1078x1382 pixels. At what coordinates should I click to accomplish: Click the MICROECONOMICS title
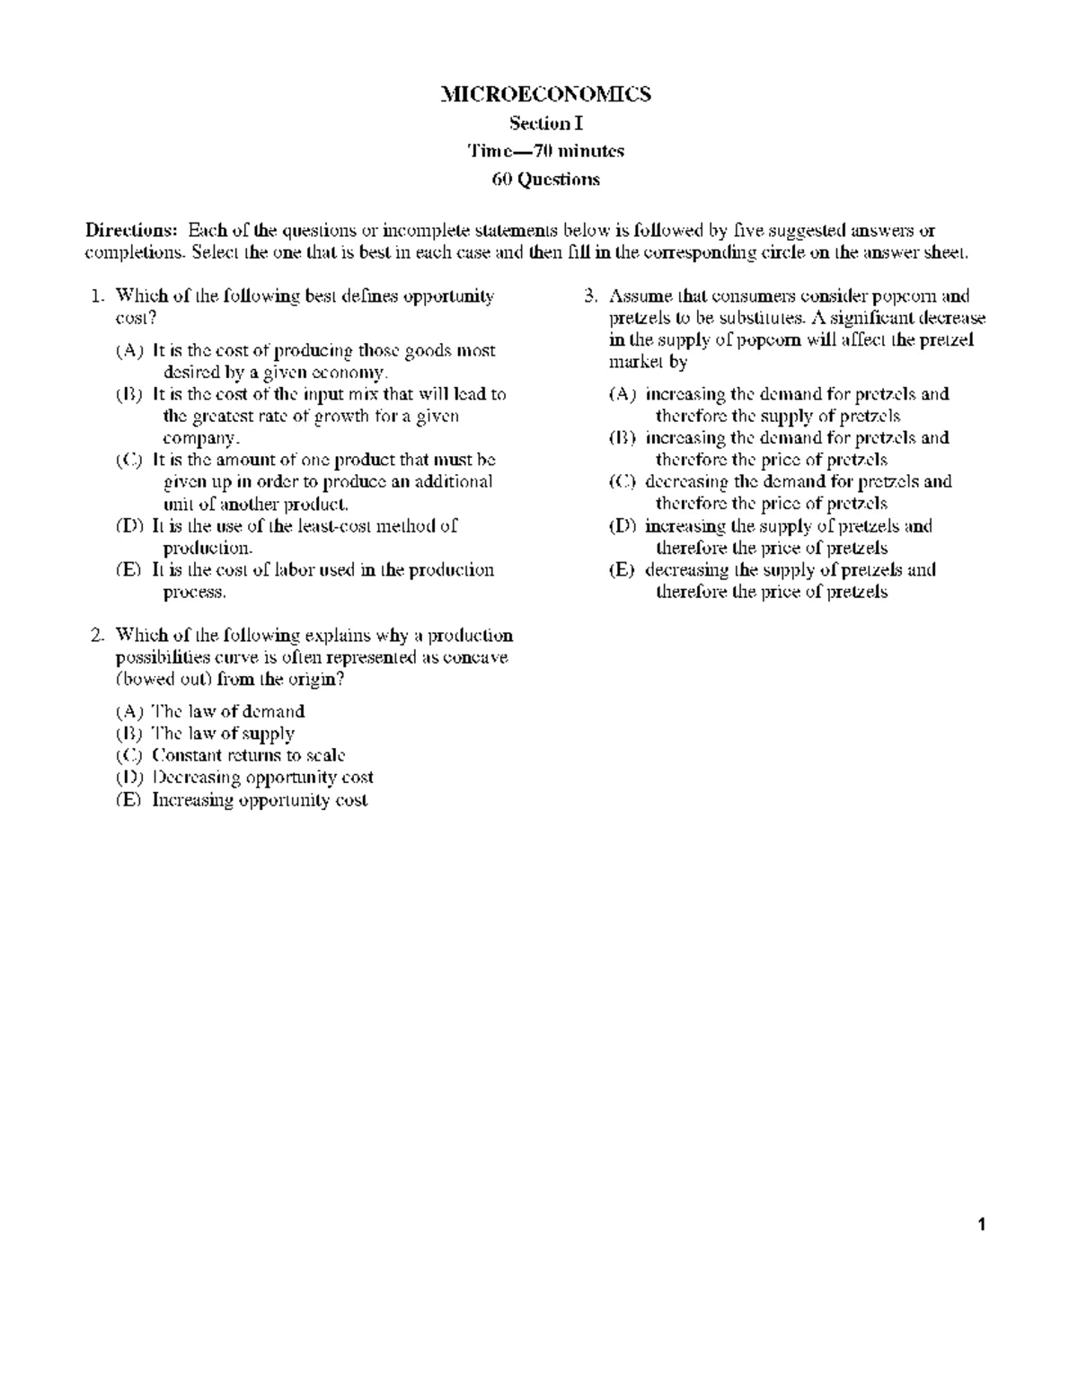point(545,94)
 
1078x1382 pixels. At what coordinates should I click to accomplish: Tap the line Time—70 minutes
point(545,151)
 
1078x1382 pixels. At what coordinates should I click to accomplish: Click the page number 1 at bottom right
point(983,1224)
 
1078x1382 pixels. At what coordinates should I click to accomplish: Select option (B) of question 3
point(622,438)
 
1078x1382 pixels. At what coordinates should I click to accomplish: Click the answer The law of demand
point(228,711)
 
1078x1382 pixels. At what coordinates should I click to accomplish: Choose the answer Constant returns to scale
point(249,756)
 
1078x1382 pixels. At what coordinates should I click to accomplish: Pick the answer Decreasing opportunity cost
point(262,778)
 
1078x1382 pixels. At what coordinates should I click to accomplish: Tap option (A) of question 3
point(622,394)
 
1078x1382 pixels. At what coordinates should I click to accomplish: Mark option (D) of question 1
point(129,526)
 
